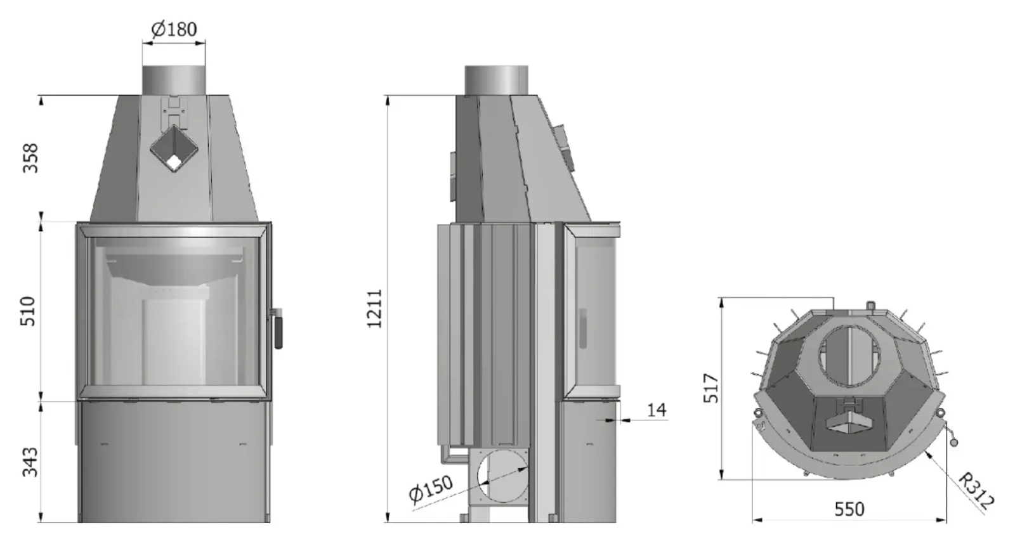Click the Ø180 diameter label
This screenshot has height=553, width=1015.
pyautogui.click(x=174, y=29)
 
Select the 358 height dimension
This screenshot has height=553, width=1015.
pyautogui.click(x=31, y=158)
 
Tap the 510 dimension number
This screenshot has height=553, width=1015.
pyautogui.click(x=28, y=311)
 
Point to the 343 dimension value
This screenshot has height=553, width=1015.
pyautogui.click(x=30, y=462)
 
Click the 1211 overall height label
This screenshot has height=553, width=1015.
pyautogui.click(x=375, y=308)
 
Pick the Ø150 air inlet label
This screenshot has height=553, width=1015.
pyautogui.click(x=431, y=489)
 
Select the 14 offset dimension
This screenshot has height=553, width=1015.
pyautogui.click(x=657, y=410)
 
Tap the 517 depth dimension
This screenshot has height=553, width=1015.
pyautogui.click(x=711, y=388)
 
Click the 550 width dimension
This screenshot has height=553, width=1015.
pyautogui.click(x=849, y=509)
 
